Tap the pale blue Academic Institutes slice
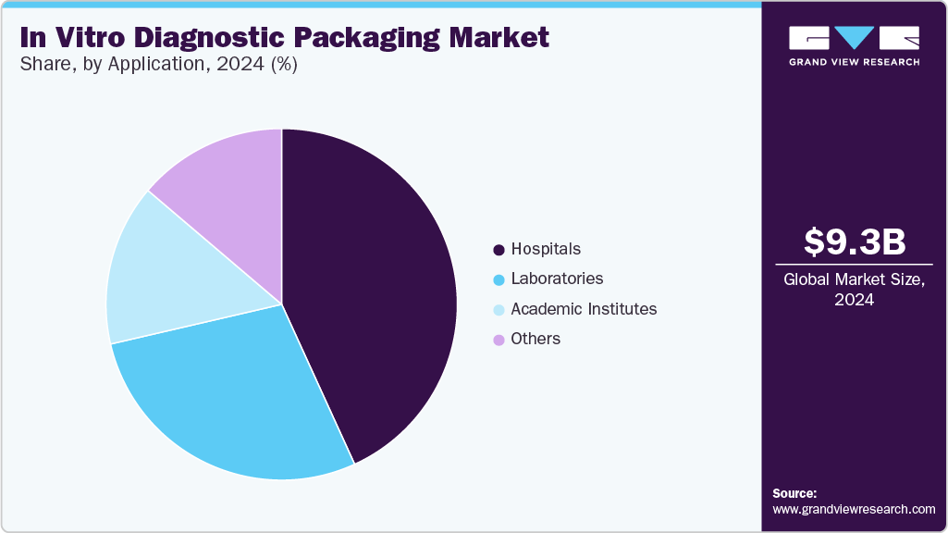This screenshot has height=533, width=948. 157,273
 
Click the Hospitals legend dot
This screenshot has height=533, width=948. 499,250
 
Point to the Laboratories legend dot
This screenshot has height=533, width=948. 499,279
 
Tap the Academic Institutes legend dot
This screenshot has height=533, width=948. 499,310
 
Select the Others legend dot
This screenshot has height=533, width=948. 499,340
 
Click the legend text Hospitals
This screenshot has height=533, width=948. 546,249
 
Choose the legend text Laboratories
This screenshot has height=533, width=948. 557,279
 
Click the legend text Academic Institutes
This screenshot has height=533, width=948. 584,309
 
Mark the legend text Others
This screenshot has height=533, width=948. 536,339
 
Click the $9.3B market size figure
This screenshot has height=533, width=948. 854,242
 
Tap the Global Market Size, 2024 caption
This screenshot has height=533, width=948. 854,289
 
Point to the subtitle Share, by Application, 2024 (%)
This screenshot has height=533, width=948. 158,65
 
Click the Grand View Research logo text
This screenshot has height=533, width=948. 854,62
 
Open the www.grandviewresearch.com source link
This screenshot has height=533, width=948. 854,509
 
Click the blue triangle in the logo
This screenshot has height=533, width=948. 854,37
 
